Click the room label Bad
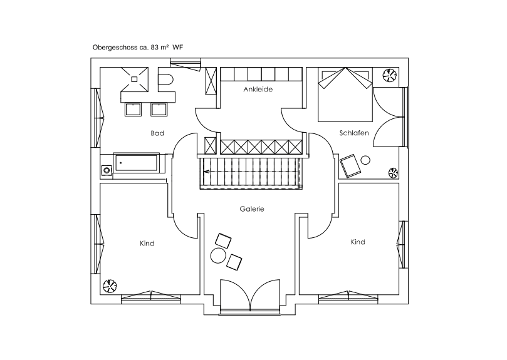(157, 133)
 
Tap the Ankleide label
(258, 89)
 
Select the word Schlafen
(354, 133)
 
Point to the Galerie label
(252, 209)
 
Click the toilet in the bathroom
(165, 80)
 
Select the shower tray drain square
(135, 79)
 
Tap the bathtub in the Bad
(137, 163)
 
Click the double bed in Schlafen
(345, 95)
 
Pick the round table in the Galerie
(218, 256)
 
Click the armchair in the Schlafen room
(350, 166)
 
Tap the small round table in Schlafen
(366, 160)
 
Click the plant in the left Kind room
(110, 285)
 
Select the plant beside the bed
(389, 76)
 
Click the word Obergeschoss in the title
(115, 48)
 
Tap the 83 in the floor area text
(155, 47)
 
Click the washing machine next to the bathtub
(107, 170)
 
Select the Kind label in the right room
(358, 242)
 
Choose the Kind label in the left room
(147, 244)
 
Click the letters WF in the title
(178, 47)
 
